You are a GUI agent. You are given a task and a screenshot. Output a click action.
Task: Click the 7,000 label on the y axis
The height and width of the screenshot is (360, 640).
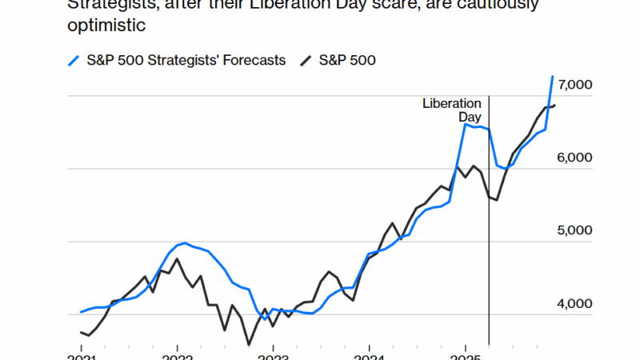tap(574, 85)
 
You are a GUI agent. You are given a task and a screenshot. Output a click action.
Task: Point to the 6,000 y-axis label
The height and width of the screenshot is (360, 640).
tap(574, 158)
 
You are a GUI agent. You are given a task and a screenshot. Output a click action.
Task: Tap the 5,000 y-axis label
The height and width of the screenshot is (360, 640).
tap(574, 230)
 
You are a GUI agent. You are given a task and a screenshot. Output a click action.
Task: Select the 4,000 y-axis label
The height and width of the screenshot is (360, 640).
tap(574, 303)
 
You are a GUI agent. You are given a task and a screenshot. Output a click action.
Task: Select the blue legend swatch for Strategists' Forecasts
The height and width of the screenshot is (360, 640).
tap(72, 60)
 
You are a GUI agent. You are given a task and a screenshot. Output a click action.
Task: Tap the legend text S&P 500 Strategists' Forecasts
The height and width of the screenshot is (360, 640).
tap(186, 60)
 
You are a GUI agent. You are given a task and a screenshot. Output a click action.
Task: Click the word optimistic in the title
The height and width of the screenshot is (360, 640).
tap(106, 26)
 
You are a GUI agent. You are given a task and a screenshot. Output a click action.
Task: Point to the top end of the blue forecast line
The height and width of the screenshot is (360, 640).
tap(552, 77)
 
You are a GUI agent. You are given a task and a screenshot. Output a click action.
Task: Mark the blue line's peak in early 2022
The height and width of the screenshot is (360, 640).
tap(185, 242)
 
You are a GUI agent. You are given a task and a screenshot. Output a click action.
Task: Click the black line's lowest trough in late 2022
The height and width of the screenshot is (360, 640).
tap(249, 344)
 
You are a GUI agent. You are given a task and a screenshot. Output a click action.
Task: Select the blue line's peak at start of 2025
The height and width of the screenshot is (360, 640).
tap(466, 124)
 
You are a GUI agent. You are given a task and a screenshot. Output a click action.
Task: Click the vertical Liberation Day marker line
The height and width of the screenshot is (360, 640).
tap(489, 240)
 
